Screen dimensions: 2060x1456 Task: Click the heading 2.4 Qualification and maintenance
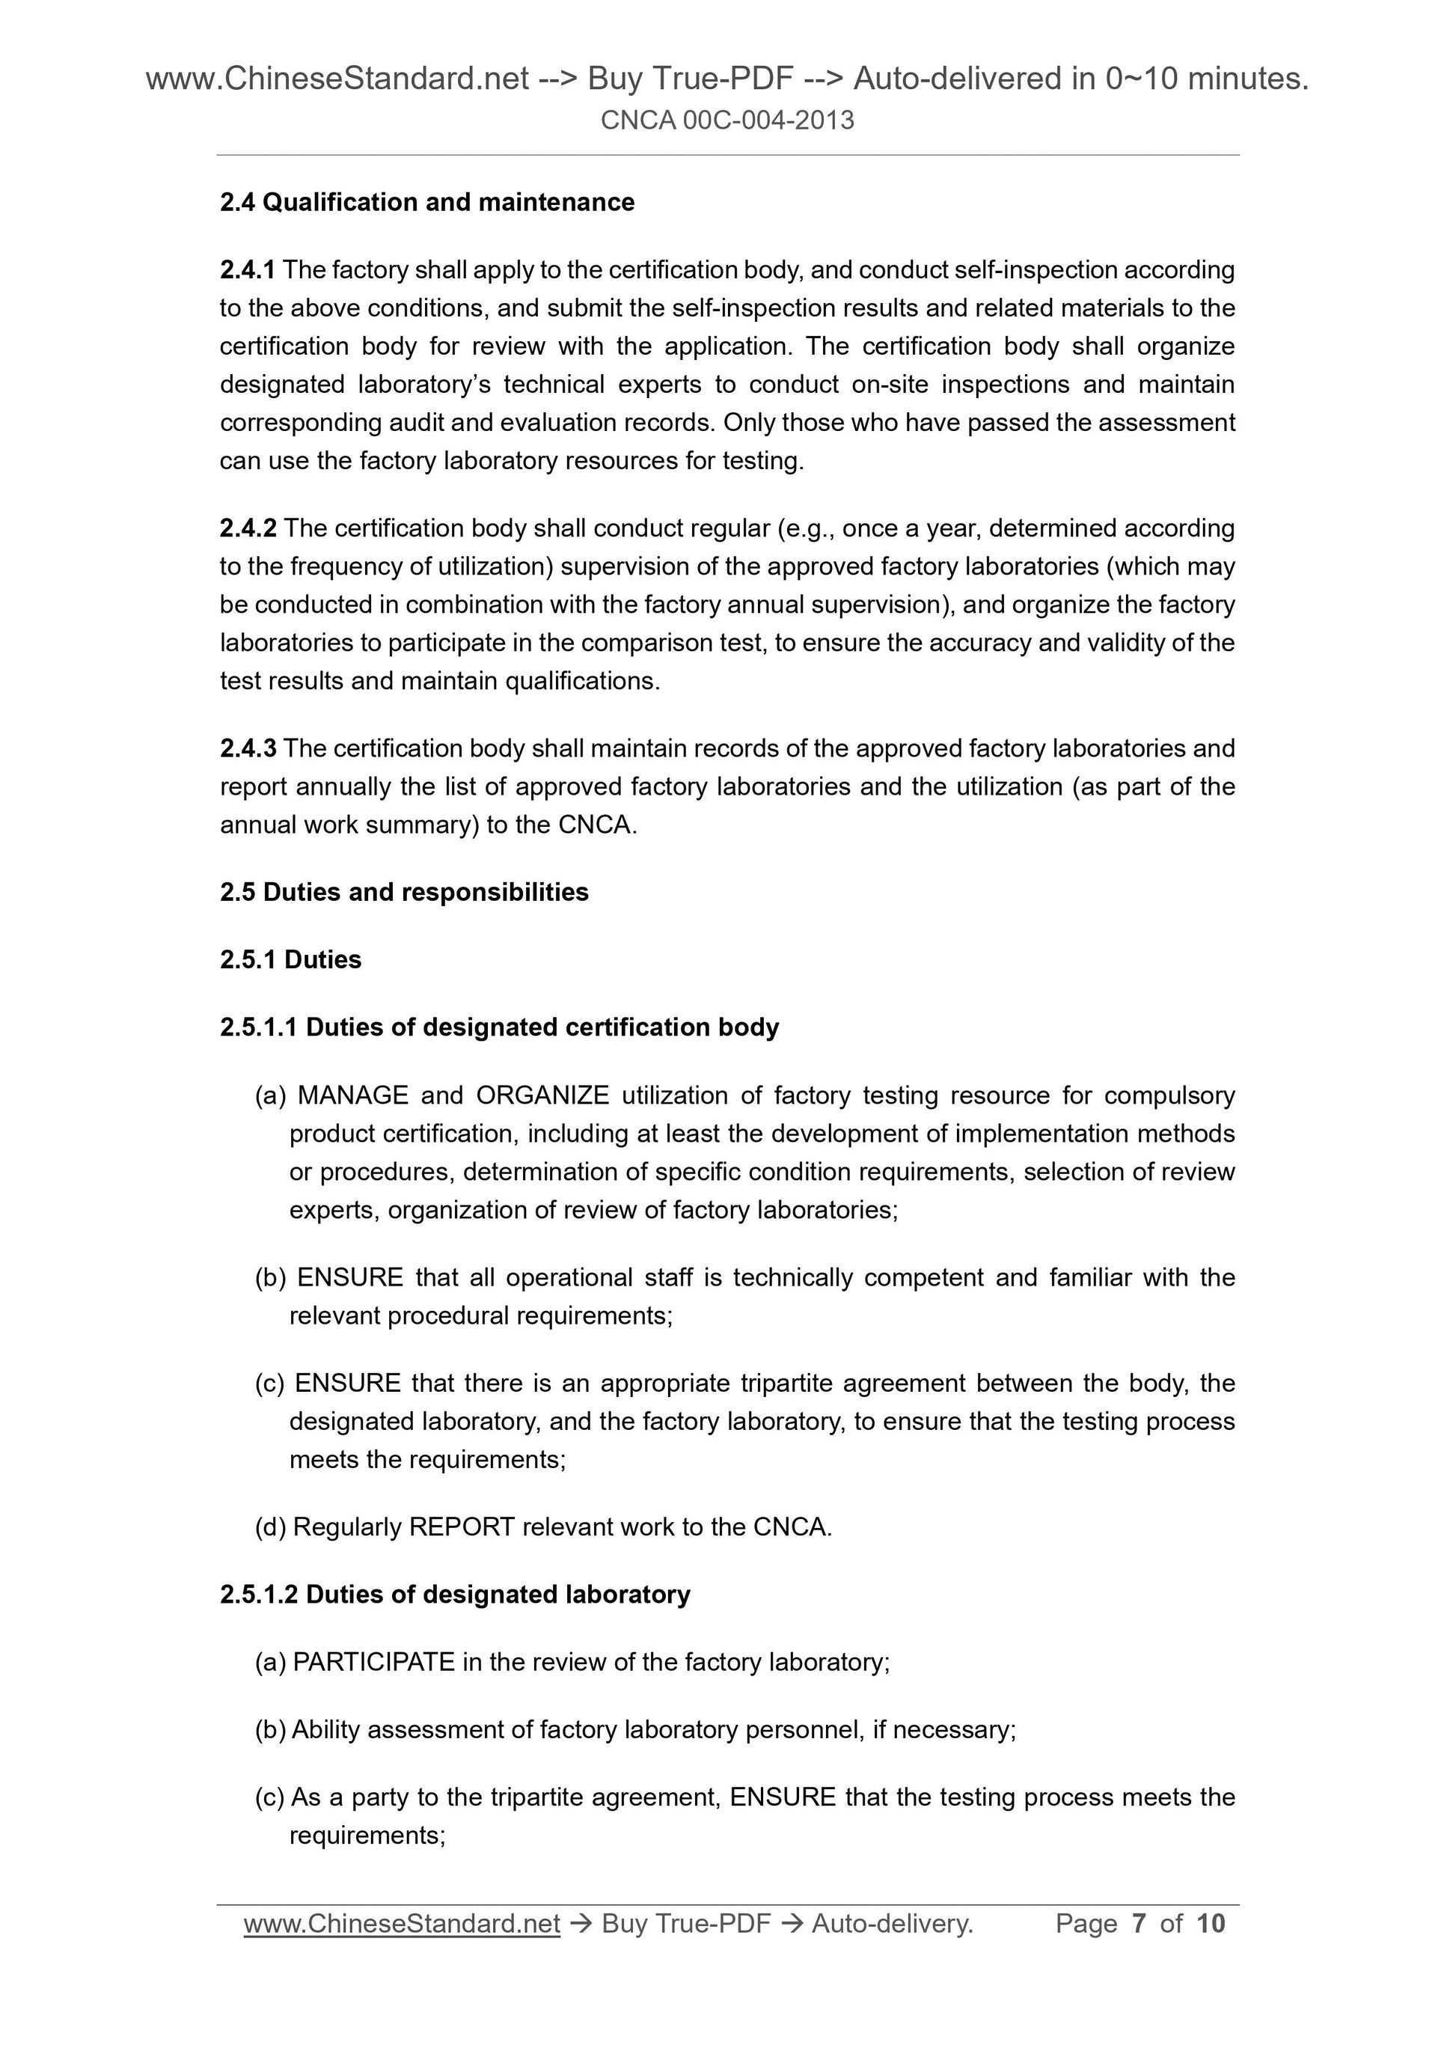click(x=427, y=203)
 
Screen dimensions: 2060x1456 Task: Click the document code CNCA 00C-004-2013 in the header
click(x=727, y=120)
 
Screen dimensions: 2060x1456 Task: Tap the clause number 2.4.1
click(x=248, y=270)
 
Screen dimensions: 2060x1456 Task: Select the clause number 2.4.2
click(x=248, y=528)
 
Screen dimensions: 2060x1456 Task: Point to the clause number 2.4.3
click(x=248, y=748)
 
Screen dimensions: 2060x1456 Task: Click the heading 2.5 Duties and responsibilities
click(x=404, y=893)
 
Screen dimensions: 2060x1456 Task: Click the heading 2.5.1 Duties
click(x=290, y=960)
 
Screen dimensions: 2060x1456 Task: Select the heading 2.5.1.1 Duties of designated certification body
click(x=499, y=1027)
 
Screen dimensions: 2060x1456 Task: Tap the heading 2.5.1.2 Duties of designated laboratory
click(x=455, y=1595)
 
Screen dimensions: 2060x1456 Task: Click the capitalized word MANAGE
click(x=352, y=1095)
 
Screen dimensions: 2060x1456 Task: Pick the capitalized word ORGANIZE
click(x=542, y=1095)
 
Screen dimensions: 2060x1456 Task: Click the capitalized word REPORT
click(x=461, y=1527)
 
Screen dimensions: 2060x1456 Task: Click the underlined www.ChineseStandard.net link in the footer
click(x=402, y=1924)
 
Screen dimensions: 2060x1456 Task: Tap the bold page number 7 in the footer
click(x=1140, y=1924)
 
